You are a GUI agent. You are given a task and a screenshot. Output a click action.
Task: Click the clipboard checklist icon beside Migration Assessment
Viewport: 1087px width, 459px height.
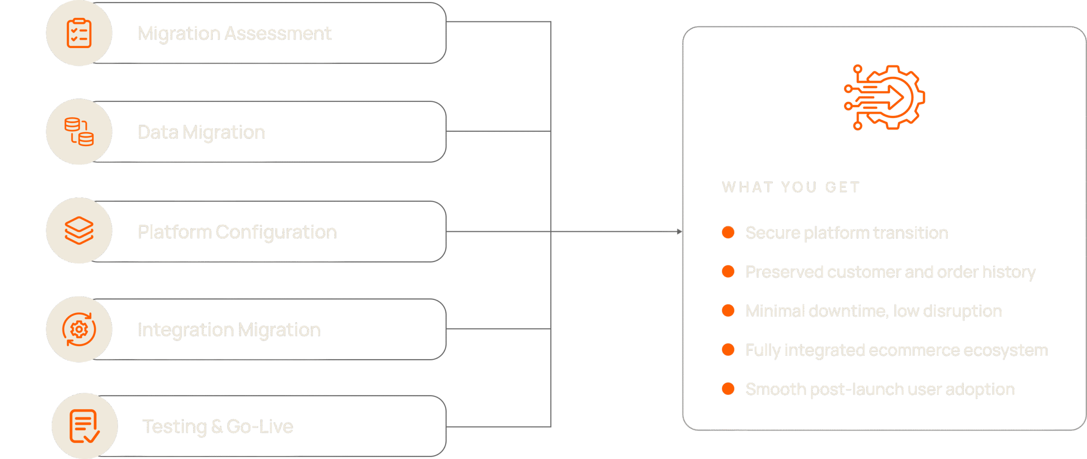[79, 33]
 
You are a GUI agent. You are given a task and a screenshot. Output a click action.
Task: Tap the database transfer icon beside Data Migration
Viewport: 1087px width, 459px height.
[79, 132]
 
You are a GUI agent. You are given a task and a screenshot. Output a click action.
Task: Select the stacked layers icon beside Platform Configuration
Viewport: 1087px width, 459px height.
[79, 231]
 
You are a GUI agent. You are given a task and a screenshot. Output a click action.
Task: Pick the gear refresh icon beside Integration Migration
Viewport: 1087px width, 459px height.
[79, 329]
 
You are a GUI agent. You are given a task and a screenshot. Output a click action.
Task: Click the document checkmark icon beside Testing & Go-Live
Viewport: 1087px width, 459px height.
[84, 426]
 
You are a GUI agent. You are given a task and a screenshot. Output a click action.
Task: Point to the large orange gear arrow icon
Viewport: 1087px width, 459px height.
[884, 97]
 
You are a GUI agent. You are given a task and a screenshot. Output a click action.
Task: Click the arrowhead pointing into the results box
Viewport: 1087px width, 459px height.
[679, 231]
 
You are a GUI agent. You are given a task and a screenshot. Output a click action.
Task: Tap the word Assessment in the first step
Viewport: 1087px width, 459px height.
[278, 34]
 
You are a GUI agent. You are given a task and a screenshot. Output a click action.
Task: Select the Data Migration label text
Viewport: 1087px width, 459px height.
[201, 132]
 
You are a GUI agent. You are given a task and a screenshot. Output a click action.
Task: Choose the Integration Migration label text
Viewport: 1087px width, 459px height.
[229, 330]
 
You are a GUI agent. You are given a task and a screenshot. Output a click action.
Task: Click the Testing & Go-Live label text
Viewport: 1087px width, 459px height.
[217, 427]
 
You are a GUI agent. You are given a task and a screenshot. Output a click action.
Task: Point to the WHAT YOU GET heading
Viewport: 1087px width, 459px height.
[791, 187]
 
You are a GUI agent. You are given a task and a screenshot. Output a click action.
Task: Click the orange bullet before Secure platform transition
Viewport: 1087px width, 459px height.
[728, 232]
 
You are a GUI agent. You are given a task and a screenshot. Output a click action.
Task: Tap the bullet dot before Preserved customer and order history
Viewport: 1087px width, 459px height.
[728, 271]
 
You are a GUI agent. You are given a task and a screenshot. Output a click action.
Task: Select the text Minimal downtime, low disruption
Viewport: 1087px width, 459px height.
[873, 311]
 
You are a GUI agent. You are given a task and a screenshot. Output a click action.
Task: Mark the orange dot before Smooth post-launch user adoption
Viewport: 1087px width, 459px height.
[728, 389]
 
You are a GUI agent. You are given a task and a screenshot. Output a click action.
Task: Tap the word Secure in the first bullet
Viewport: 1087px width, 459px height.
[773, 233]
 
